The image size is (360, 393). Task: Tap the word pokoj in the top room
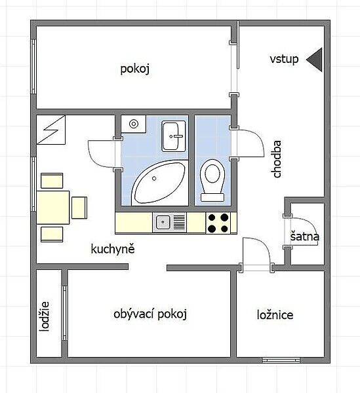[135, 69]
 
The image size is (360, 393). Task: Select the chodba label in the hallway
[277, 159]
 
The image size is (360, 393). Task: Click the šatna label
[304, 236]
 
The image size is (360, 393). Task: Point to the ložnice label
[275, 315]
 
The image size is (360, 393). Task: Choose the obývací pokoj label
[150, 314]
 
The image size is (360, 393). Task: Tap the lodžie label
[45, 316]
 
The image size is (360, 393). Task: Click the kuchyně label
[113, 249]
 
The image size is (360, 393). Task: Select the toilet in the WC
[212, 180]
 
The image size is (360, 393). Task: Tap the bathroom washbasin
[174, 136]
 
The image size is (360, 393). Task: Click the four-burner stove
[218, 223]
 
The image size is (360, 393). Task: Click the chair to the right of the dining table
[79, 208]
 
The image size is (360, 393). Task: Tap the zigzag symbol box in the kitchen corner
[51, 130]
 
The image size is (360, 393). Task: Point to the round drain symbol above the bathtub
[134, 124]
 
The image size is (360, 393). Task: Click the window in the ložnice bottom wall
[281, 360]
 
